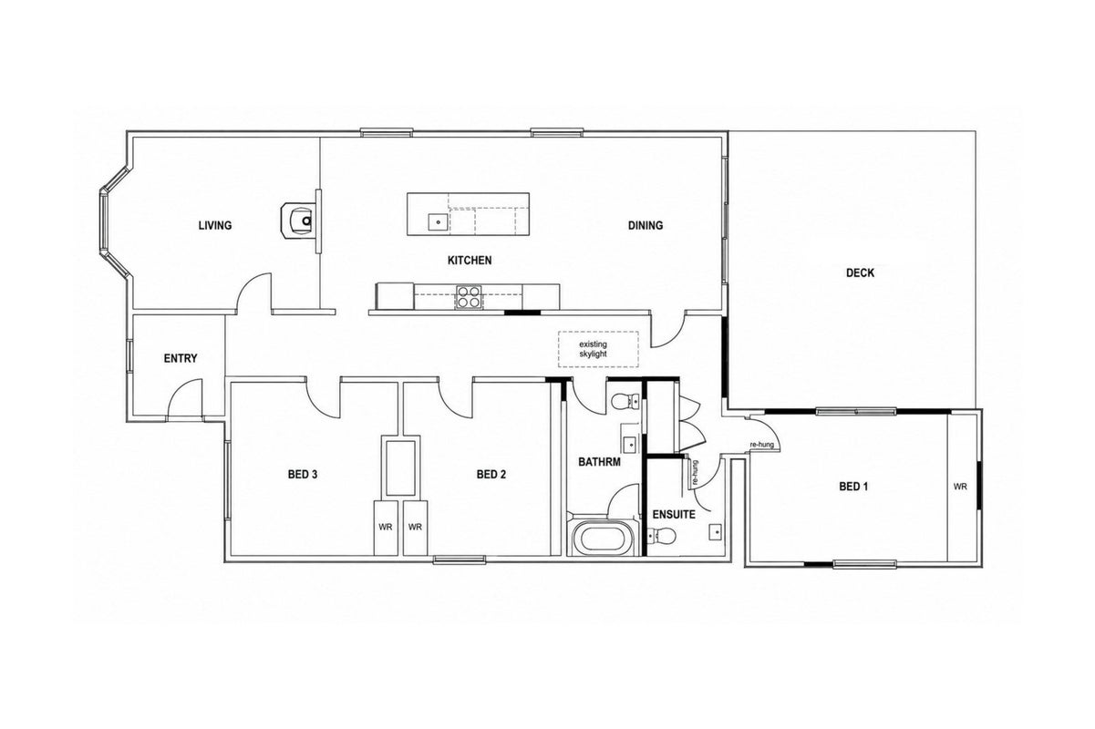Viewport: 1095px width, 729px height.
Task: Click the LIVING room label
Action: click(215, 225)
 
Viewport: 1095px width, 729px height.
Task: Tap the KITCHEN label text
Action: click(470, 261)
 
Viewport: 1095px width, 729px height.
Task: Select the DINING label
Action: click(646, 225)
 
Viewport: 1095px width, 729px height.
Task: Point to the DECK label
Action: click(860, 272)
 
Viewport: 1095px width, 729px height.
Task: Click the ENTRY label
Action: click(181, 358)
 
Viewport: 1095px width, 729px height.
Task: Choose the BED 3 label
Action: click(303, 474)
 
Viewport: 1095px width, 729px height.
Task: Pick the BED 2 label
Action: click(491, 474)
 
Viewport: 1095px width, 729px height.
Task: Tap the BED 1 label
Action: click(853, 487)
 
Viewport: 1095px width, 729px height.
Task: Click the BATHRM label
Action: click(599, 462)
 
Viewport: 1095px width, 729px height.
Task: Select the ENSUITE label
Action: click(674, 515)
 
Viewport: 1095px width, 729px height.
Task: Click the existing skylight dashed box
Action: click(598, 349)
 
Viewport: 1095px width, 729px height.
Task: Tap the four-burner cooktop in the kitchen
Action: click(469, 297)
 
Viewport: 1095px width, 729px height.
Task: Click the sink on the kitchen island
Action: click(439, 222)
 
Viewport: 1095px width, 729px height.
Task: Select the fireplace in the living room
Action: click(298, 221)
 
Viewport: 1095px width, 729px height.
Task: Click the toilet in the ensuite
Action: click(662, 537)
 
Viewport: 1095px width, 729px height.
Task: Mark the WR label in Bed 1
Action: click(960, 487)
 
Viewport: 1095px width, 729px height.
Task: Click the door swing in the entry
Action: click(184, 400)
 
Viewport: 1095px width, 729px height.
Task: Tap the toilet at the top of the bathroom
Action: click(625, 402)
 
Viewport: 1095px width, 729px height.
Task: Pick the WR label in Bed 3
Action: click(386, 528)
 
